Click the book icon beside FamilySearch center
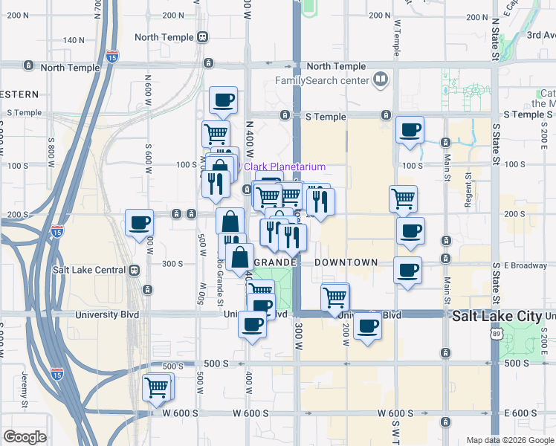coord(380,79)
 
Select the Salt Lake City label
coord(497,316)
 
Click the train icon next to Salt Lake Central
coord(135,271)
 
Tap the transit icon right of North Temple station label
coord(203,37)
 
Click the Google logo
coord(25,437)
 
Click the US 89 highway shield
coord(496,334)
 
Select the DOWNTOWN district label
coord(346,263)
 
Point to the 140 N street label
coord(74,40)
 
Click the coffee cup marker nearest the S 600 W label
coord(139,222)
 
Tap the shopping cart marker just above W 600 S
coord(157,387)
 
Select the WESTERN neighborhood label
coord(19,94)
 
